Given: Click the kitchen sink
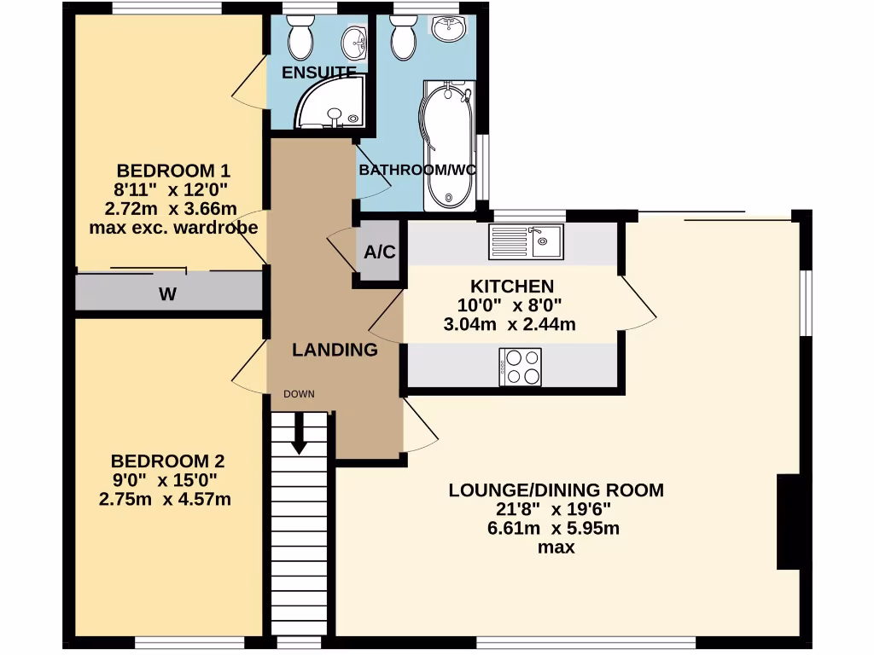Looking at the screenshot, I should pyautogui.click(x=525, y=241).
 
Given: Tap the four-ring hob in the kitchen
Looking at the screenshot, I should pyautogui.click(x=520, y=367).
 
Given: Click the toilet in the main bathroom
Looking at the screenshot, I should pyautogui.click(x=402, y=36).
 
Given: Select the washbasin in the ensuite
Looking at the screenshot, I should pyautogui.click(x=354, y=39).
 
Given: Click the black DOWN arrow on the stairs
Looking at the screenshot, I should pyautogui.click(x=299, y=434).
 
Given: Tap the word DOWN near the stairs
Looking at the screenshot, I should pyautogui.click(x=299, y=394).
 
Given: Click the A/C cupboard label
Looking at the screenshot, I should pyautogui.click(x=379, y=252).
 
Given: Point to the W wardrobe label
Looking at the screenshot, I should pyautogui.click(x=168, y=295).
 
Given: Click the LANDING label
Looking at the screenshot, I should pyautogui.click(x=335, y=350).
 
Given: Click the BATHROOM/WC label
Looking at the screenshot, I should pyautogui.click(x=417, y=170).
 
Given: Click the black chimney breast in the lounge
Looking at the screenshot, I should pyautogui.click(x=788, y=522).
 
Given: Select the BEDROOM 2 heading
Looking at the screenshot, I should pyautogui.click(x=167, y=461).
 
